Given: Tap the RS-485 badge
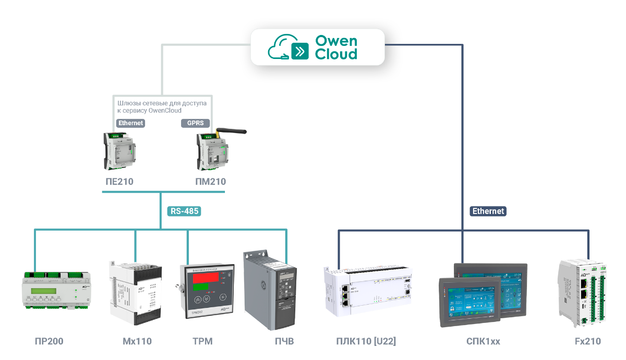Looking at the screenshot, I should pos(184,211).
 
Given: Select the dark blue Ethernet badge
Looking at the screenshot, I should pos(488,211).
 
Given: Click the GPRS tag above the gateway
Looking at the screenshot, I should pos(195,124).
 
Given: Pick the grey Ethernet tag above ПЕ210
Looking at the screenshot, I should pos(130,124).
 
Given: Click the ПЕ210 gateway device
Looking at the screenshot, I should pos(119,151).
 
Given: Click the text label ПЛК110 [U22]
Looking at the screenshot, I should pos(366,342).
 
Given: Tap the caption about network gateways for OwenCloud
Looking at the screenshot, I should pos(162,107).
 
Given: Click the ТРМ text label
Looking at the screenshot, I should pos(202,342).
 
